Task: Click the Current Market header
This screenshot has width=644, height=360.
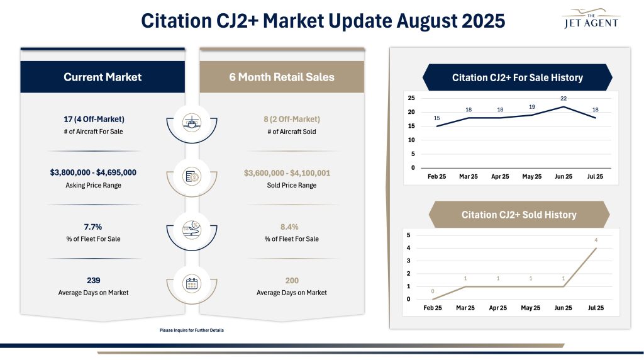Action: [x=103, y=77]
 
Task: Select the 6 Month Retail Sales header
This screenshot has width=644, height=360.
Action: [x=282, y=77]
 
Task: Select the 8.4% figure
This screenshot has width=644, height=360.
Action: [x=289, y=227]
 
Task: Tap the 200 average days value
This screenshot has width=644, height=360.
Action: [x=291, y=281]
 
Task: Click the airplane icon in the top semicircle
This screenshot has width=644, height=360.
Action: [x=192, y=122]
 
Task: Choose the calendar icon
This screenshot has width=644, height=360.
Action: [x=192, y=284]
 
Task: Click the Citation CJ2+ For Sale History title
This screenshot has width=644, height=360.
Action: [x=517, y=78]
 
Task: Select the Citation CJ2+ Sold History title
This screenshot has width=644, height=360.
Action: [x=519, y=215]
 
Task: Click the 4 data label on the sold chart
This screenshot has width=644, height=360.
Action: [x=595, y=240]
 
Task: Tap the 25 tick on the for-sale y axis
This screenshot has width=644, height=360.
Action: [x=411, y=98]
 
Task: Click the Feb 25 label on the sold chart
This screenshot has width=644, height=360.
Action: [x=433, y=308]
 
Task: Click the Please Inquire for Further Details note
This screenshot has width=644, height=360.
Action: [x=192, y=330]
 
